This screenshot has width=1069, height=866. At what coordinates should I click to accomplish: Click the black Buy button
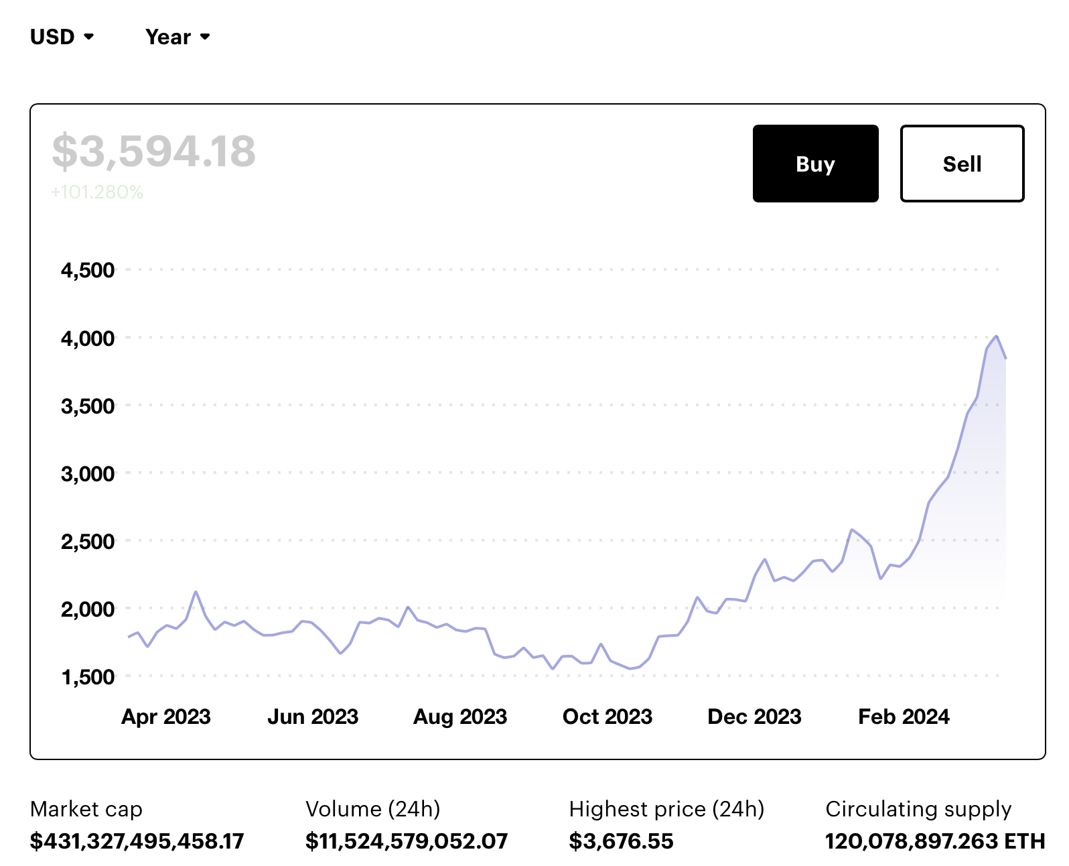[x=815, y=164]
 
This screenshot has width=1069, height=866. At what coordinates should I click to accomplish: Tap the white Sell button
[x=962, y=164]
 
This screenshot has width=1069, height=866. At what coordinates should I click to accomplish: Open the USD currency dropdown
[x=62, y=37]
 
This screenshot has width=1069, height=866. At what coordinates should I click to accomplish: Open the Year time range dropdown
[x=177, y=37]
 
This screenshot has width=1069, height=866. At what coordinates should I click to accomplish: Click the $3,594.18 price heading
[x=153, y=151]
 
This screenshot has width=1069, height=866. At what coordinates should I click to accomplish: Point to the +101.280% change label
[x=97, y=192]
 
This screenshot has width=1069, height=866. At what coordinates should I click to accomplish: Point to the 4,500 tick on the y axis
[x=88, y=271]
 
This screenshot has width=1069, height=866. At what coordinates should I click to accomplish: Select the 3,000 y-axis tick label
[x=88, y=474]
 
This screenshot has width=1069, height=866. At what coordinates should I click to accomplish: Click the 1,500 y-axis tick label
[x=88, y=677]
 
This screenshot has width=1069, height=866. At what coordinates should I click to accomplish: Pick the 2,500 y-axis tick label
[x=88, y=542]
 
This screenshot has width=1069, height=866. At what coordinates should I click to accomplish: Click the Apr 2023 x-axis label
[x=166, y=717]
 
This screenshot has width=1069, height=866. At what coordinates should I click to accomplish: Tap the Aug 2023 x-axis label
[x=460, y=717]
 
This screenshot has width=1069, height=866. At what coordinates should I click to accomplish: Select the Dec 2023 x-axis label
[x=754, y=717]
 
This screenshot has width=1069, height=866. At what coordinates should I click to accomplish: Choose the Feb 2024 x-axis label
[x=904, y=717]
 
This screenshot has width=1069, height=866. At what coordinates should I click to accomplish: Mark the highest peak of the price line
[x=997, y=336]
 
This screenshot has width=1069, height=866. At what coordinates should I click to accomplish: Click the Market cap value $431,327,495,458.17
[x=137, y=841]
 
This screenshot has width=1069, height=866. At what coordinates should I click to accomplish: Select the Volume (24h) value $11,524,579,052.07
[x=407, y=841]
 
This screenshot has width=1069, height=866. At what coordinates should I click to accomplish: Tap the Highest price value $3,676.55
[x=621, y=841]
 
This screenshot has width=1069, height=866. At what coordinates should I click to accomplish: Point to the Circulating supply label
[x=918, y=809]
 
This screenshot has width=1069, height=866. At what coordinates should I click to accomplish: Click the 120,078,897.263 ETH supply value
[x=935, y=841]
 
